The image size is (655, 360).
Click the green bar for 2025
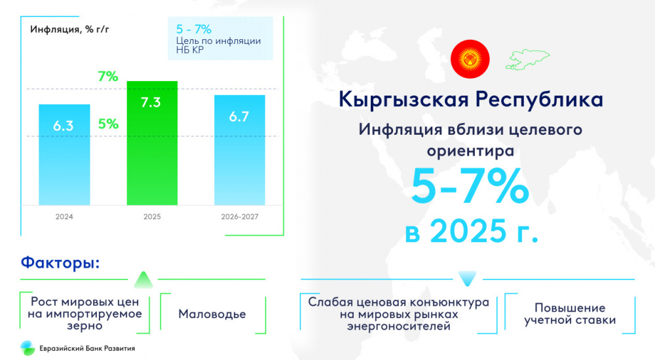[152, 143]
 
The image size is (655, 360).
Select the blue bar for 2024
[64, 154]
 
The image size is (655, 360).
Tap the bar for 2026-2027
[240, 150]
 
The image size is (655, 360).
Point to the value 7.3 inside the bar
[151, 102]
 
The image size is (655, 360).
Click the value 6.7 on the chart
[239, 117]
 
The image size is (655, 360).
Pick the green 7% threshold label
[108, 77]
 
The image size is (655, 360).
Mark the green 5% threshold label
[108, 124]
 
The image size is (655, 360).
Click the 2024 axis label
[64, 217]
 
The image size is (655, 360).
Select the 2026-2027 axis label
[240, 217]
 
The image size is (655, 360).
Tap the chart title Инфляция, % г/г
[69, 29]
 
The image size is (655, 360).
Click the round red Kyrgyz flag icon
[470, 59]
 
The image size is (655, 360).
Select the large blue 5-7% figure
[470, 186]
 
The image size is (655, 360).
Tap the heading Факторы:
[60, 262]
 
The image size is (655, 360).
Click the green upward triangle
[143, 280]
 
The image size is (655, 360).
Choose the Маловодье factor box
[213, 314]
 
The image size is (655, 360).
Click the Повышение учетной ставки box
[570, 314]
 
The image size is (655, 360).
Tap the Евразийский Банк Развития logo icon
[28, 348]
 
